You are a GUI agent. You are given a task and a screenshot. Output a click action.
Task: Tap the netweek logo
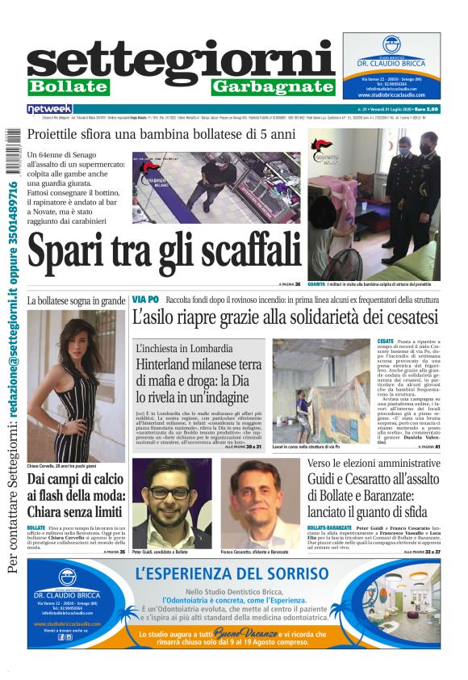49,109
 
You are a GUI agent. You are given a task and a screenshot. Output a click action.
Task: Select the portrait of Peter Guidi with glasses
170,500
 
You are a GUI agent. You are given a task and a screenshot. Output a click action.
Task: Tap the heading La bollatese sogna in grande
76,300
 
